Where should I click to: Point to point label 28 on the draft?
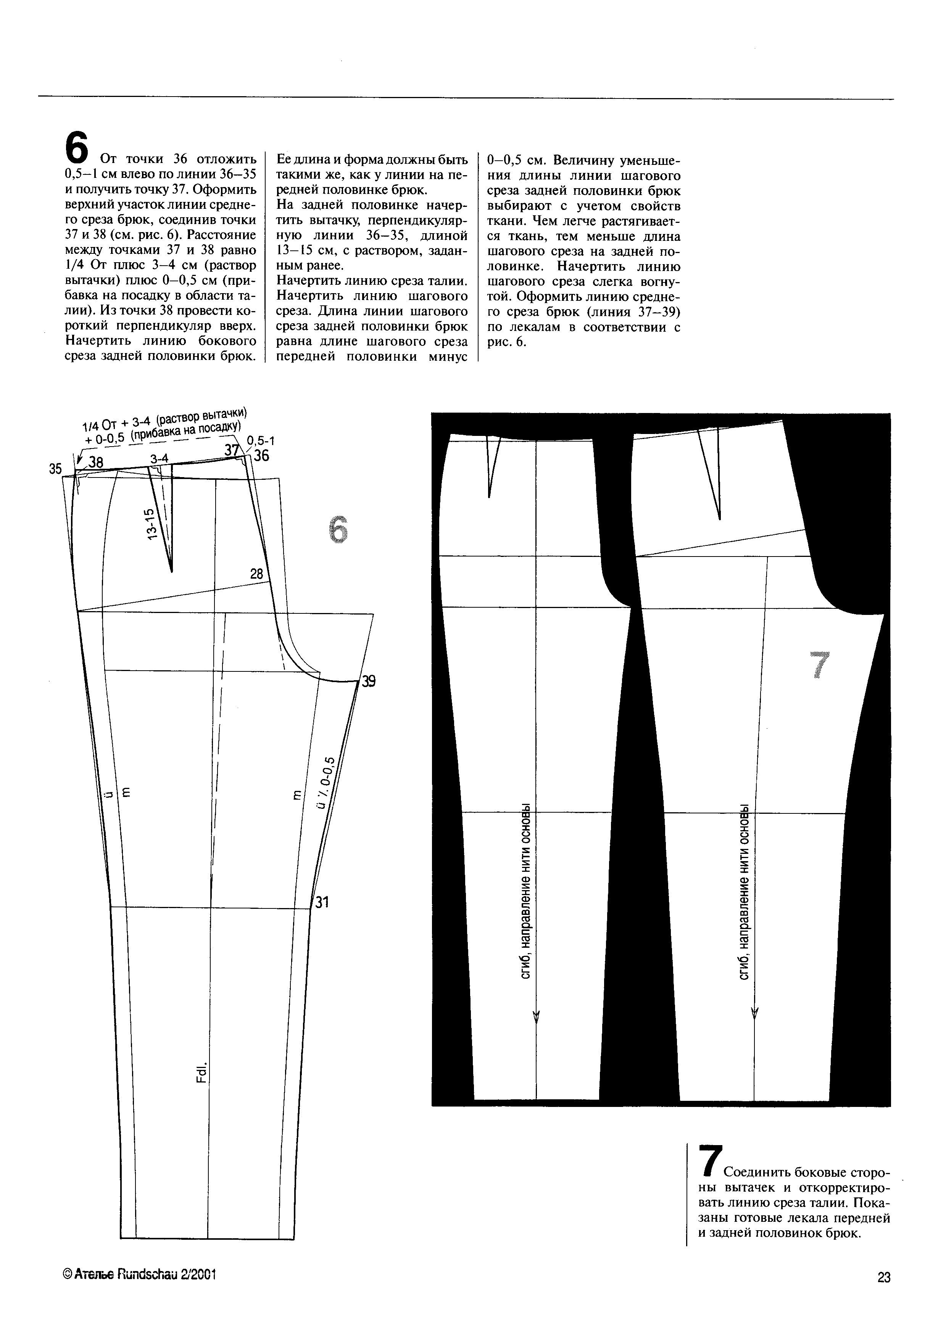pyautogui.click(x=256, y=574)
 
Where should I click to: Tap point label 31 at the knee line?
pyautogui.click(x=322, y=903)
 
